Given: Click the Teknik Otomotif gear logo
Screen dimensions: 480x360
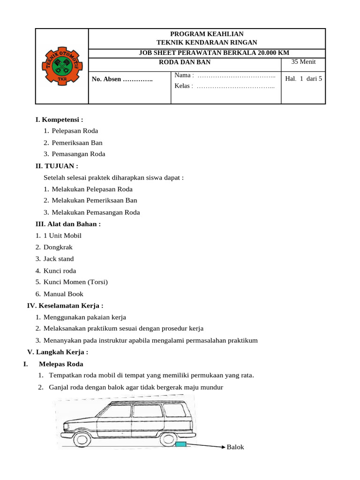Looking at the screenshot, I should point(62,66).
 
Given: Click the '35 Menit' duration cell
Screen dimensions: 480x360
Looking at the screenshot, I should point(303,62).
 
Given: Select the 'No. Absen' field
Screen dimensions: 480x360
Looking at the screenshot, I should point(122,79).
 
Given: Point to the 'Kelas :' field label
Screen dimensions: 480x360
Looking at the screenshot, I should point(184,86).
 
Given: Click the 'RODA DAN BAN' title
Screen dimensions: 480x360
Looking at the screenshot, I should point(185,62).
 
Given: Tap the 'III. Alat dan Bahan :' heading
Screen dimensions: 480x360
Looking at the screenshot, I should point(68,224).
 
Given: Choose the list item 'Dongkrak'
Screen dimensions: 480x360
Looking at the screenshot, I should point(58,247).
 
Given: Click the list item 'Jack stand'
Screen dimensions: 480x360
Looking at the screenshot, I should point(59,259).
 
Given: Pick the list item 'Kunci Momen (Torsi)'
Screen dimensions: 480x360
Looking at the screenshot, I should point(75,282).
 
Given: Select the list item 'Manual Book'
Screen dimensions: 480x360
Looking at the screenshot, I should point(63,294).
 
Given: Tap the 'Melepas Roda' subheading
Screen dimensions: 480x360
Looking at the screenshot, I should point(61,364).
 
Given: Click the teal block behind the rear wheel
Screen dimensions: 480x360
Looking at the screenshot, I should point(180,445).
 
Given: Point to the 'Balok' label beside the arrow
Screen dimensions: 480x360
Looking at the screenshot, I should point(235,447).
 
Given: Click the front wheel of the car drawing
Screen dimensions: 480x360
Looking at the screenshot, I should point(82,440).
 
